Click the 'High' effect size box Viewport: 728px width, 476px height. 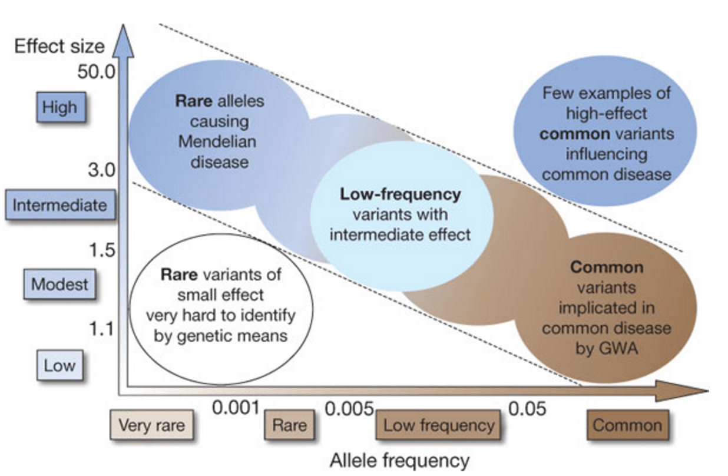pyautogui.click(x=59, y=108)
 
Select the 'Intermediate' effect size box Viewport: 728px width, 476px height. pyautogui.click(x=60, y=205)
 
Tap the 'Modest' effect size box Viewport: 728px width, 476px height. pyautogui.click(x=59, y=285)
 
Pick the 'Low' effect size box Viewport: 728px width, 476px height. pyautogui.click(x=60, y=365)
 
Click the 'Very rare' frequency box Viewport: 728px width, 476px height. pyautogui.click(x=151, y=425)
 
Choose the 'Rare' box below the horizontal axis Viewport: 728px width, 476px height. pyautogui.click(x=289, y=425)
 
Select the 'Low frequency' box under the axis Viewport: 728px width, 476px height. pyautogui.click(x=438, y=425)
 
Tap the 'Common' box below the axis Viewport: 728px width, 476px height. pyautogui.click(x=627, y=425)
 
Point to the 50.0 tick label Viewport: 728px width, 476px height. pyautogui.click(x=97, y=73)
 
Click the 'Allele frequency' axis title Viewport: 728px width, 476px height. pyautogui.click(x=400, y=460)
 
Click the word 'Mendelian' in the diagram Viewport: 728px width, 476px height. pyautogui.click(x=217, y=141)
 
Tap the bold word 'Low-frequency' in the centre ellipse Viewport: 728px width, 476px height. pyautogui.click(x=401, y=194)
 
